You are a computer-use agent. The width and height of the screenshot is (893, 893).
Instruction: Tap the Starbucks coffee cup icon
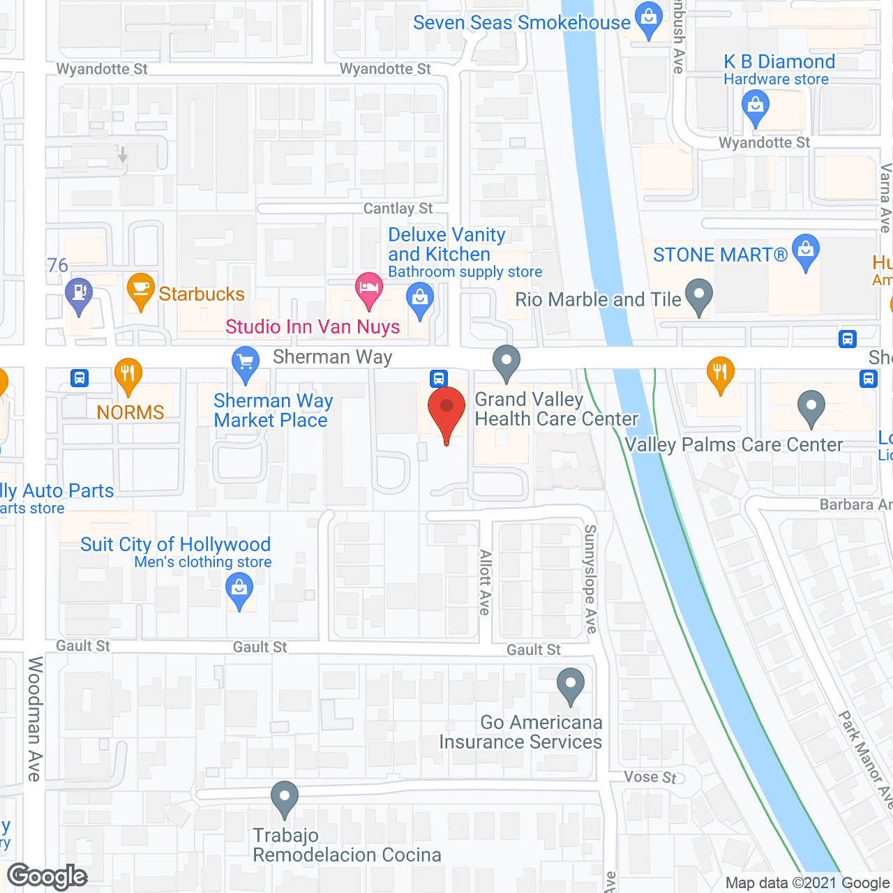point(140,290)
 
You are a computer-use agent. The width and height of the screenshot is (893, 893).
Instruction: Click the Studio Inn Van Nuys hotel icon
point(368,290)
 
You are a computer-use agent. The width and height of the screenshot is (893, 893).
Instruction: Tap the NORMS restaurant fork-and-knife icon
point(128,375)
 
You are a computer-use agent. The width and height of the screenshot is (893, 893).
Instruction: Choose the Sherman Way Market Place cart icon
point(245,363)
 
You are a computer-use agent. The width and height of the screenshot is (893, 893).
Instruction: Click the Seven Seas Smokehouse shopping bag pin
point(650,20)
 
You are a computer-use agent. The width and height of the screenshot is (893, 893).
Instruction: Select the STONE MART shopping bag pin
point(806,251)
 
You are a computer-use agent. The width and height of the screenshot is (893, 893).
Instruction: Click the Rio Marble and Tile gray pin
point(699,296)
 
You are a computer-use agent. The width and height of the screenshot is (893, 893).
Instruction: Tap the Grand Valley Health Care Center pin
point(506,362)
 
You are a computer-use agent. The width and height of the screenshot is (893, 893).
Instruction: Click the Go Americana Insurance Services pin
point(571,685)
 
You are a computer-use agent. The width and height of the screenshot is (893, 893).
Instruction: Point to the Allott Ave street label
point(486,583)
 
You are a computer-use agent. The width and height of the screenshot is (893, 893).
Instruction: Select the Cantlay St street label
point(398,209)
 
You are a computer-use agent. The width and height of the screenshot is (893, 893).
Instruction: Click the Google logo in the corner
point(47,876)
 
